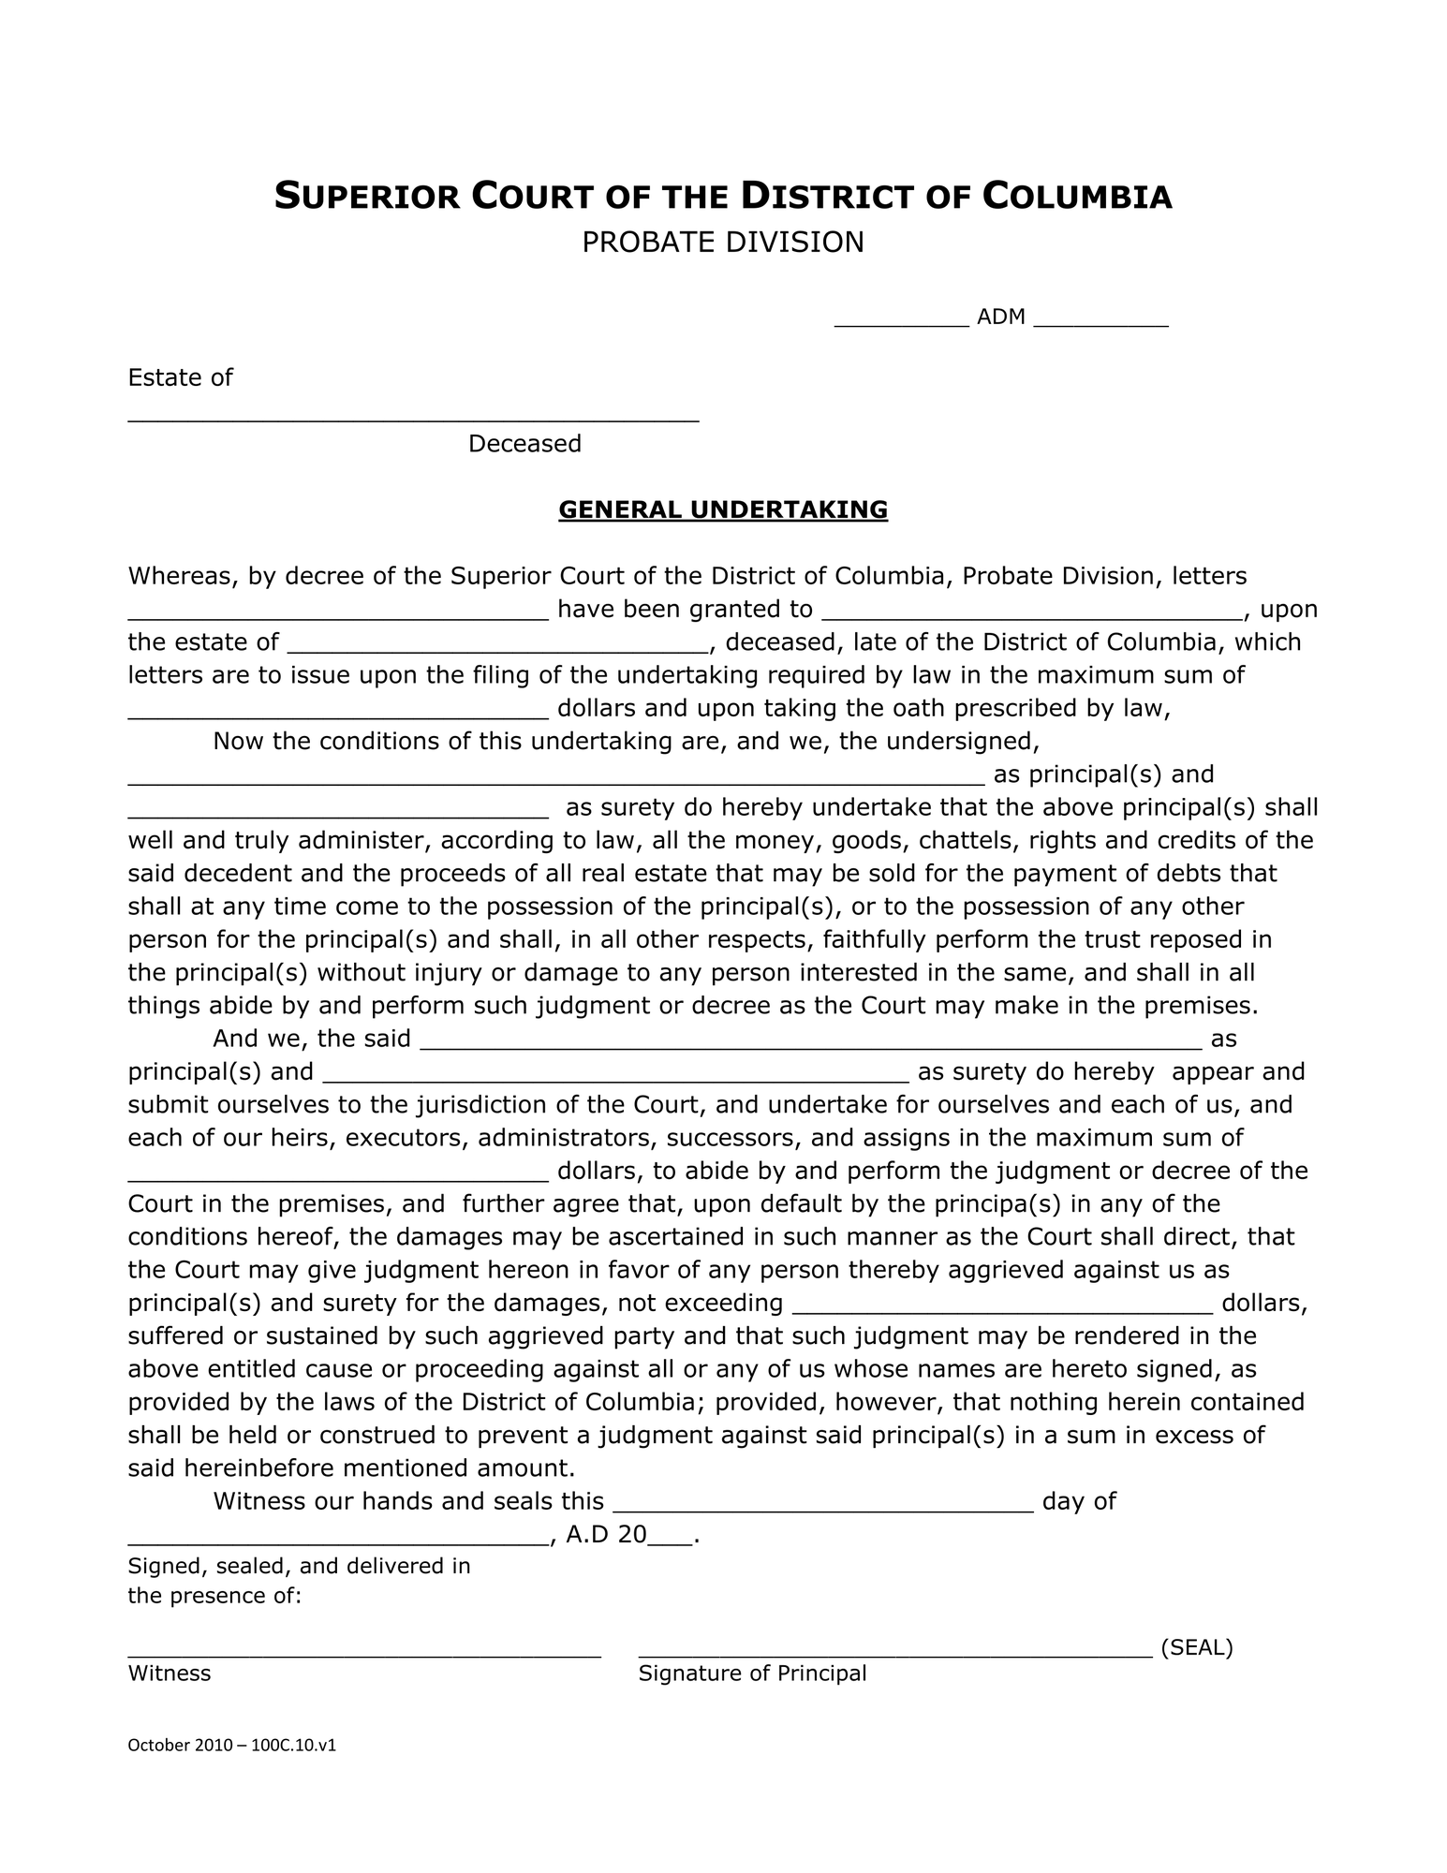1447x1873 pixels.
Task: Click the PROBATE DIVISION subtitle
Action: (722, 243)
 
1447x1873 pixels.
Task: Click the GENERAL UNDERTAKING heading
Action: (722, 509)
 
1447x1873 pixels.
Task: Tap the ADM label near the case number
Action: (1000, 317)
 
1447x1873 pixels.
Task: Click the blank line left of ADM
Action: (901, 322)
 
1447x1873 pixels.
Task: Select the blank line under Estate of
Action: (413, 419)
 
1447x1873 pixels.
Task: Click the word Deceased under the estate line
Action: (524, 444)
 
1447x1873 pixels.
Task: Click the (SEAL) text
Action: (1196, 1648)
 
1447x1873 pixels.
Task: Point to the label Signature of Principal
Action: (752, 1674)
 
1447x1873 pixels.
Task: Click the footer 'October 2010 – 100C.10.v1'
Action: (231, 1746)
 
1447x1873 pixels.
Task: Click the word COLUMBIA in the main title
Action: (1077, 197)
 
